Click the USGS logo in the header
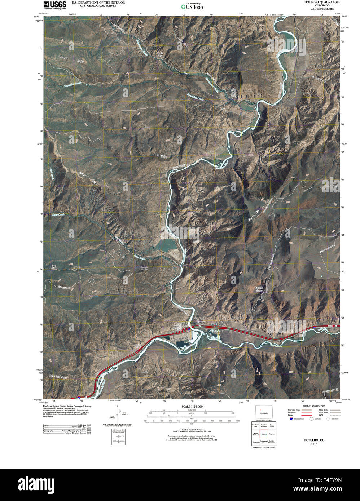[55, 4]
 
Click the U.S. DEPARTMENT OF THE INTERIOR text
[98, 2]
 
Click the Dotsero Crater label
[259, 289]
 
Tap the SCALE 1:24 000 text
[192, 407]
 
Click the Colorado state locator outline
[264, 412]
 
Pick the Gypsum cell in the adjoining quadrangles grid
[272, 434]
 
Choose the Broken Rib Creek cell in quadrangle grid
[256, 434]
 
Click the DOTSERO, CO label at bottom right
[314, 440]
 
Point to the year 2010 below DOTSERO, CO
[314, 444]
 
